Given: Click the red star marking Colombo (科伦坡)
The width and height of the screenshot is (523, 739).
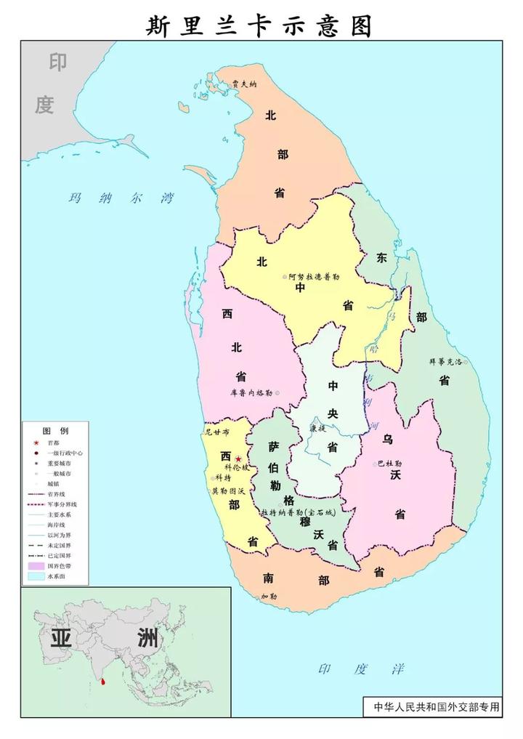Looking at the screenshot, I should tap(238, 459).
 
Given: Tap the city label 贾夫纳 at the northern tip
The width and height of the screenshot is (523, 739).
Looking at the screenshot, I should tap(244, 84).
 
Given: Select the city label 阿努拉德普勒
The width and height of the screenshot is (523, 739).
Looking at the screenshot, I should tap(314, 277).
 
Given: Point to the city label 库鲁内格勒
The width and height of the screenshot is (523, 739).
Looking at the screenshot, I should tap(251, 392).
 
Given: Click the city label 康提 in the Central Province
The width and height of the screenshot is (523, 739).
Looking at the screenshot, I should tap(317, 429).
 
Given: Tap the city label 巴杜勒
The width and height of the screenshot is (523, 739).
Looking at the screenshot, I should tap(390, 464).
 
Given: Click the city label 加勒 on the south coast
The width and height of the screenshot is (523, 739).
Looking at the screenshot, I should tap(269, 597).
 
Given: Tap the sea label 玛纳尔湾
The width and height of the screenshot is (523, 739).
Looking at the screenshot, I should tap(121, 198).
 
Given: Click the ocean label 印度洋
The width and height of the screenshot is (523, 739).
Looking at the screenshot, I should tap(361, 669).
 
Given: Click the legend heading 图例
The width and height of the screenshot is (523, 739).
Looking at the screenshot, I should tap(55, 430).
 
